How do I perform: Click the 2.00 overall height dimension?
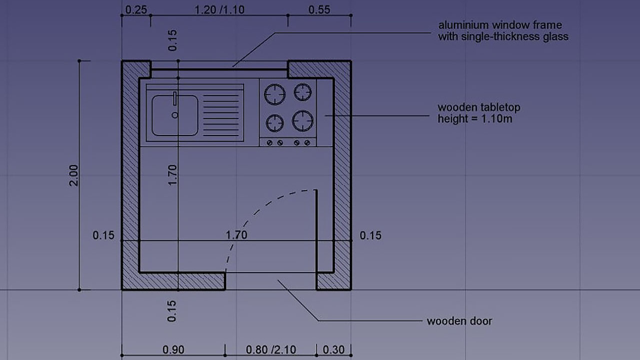pyautogui.click(x=73, y=175)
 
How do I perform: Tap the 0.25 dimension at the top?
pyautogui.click(x=136, y=9)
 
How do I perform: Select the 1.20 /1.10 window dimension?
pyautogui.click(x=219, y=10)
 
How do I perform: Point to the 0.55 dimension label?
pyautogui.click(x=319, y=9)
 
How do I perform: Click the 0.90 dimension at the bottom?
pyautogui.click(x=173, y=349)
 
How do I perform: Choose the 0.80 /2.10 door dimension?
pyautogui.click(x=271, y=349)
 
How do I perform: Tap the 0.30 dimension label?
pyautogui.click(x=333, y=349)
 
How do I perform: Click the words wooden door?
pyautogui.click(x=459, y=321)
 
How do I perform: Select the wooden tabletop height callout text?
pyautogui.click(x=479, y=113)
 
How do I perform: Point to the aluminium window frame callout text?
pyautogui.click(x=503, y=31)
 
